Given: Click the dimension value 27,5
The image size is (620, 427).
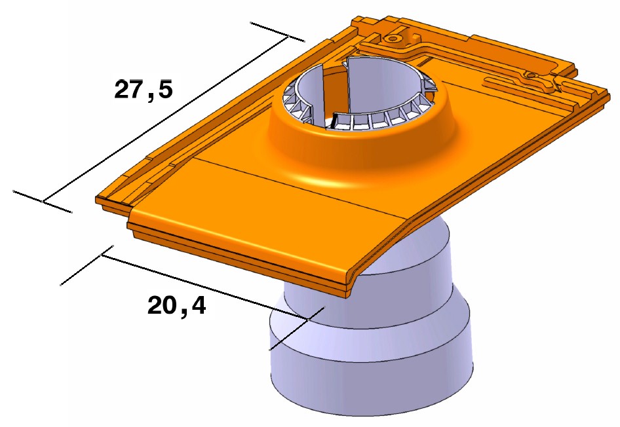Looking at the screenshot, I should tap(144, 89).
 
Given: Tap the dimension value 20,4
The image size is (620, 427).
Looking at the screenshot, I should tap(176, 305).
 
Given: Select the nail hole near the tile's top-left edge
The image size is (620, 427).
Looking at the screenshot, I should tap(393, 38).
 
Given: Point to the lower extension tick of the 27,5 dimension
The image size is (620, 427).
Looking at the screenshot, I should tap(43, 202).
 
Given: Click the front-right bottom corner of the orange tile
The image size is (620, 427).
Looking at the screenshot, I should tap(347, 295).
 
